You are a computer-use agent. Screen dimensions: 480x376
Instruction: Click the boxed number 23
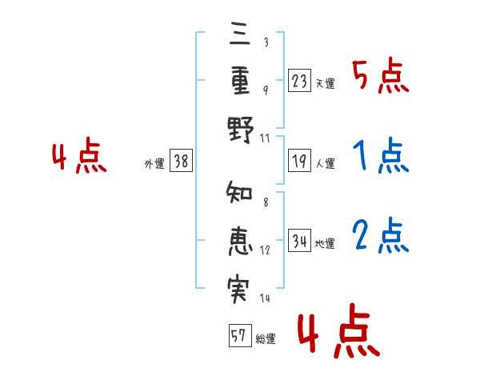300,80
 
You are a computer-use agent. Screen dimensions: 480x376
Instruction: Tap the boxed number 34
300,240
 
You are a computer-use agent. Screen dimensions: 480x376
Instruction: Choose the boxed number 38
181,162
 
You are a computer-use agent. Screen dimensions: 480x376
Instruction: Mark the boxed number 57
238,335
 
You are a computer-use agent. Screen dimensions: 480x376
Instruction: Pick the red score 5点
380,77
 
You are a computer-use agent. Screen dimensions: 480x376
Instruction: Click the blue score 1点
380,157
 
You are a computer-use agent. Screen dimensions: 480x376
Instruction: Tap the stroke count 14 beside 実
266,299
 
